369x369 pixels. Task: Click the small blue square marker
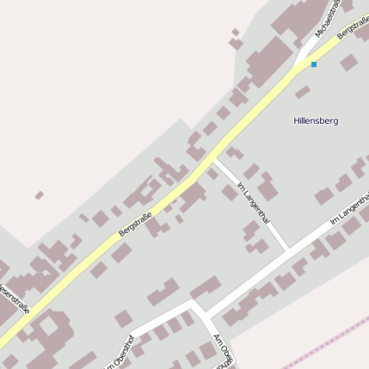point(314,64)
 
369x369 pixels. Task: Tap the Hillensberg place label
point(316,120)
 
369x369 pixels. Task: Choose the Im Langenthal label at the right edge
point(348,209)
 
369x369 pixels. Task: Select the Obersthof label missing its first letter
point(120,354)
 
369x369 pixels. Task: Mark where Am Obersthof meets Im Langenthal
point(194,303)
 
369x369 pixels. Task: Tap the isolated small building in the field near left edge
point(39,195)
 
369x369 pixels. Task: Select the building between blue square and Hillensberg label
point(303,92)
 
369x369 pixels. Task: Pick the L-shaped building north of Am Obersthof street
point(164,293)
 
